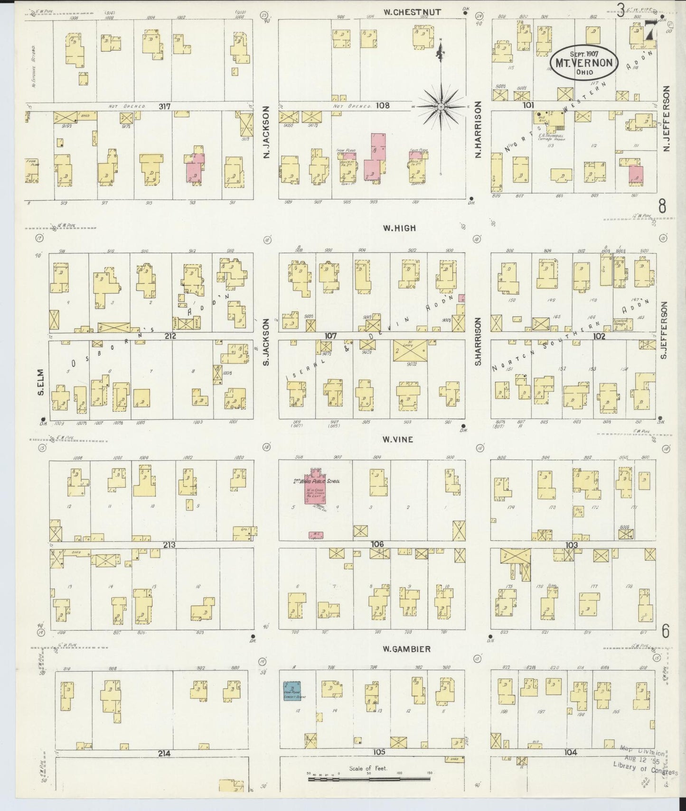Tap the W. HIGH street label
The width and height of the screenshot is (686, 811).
pos(399,228)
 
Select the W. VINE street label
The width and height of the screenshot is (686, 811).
pos(398,440)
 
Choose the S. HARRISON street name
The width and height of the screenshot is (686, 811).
pos(479,341)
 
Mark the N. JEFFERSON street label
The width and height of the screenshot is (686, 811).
pos(666,119)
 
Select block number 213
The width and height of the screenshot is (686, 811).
pos(169,545)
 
